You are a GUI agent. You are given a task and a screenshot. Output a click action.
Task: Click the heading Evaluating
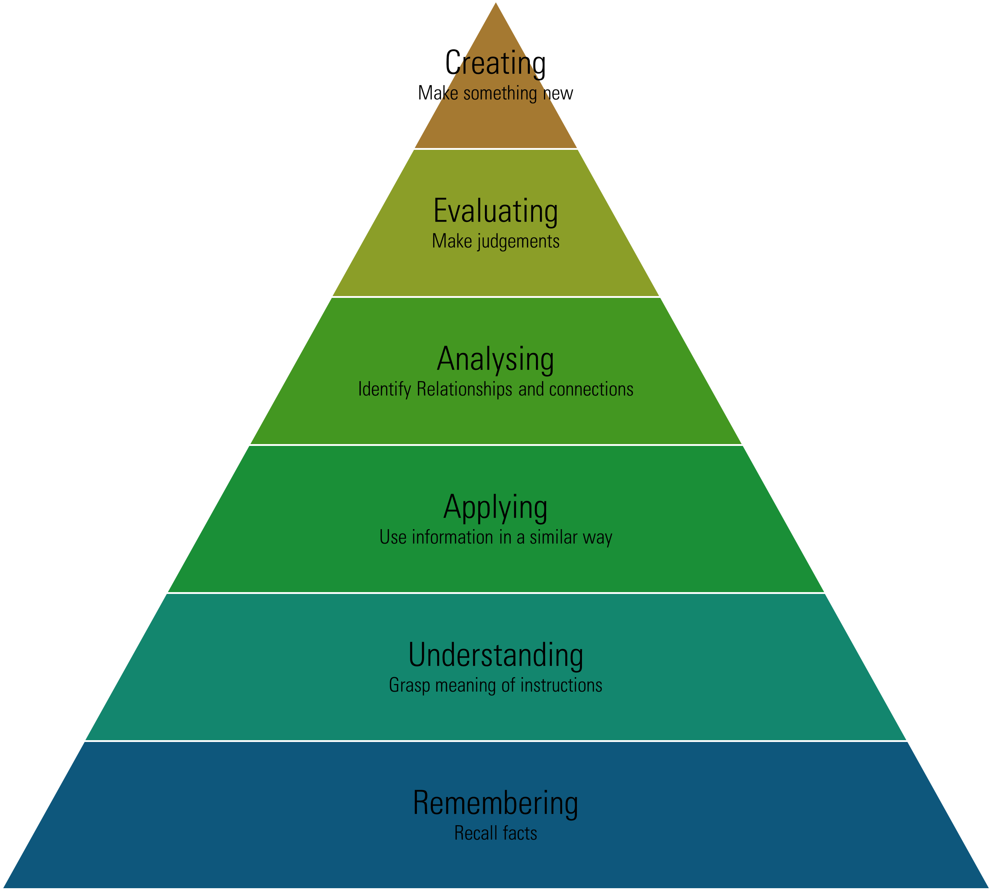click(x=495, y=211)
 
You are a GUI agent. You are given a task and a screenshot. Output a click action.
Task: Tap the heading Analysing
click(x=495, y=359)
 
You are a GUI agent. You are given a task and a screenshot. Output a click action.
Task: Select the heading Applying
click(x=495, y=507)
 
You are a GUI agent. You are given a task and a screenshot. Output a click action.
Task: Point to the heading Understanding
click(x=495, y=655)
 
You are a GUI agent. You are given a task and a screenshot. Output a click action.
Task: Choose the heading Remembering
click(x=495, y=803)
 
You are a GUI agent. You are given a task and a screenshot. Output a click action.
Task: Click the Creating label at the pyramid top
click(x=495, y=64)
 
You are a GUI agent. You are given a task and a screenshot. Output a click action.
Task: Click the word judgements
click(x=518, y=241)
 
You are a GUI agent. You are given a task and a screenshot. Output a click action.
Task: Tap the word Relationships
click(x=464, y=389)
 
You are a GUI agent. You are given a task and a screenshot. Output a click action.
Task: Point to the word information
click(x=452, y=537)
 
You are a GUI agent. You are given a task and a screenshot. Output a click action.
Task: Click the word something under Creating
click(x=500, y=93)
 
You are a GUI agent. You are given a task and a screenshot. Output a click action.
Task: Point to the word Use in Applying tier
click(x=393, y=537)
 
